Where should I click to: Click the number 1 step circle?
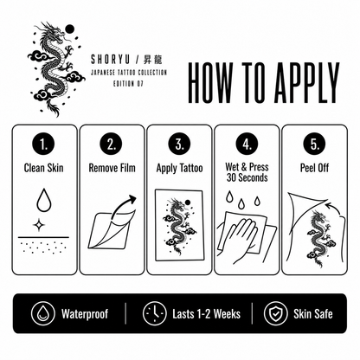43,144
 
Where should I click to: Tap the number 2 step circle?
112,144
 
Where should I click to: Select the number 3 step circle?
179,144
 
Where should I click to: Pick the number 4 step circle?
247,144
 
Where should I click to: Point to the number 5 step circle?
315,144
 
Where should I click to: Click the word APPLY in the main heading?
306,83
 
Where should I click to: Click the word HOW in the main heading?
209,83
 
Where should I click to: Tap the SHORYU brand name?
111,60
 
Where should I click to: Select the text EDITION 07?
128,84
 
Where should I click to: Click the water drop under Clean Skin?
44,200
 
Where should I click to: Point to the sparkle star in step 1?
38,225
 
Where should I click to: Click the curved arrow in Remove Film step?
123,206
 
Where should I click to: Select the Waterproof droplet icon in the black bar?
43,313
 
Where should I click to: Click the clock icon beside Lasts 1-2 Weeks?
154,313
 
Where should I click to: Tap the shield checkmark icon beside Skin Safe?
275,313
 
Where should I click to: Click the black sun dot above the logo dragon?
69,29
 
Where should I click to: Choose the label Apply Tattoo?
179,168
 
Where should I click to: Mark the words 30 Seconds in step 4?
247,177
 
